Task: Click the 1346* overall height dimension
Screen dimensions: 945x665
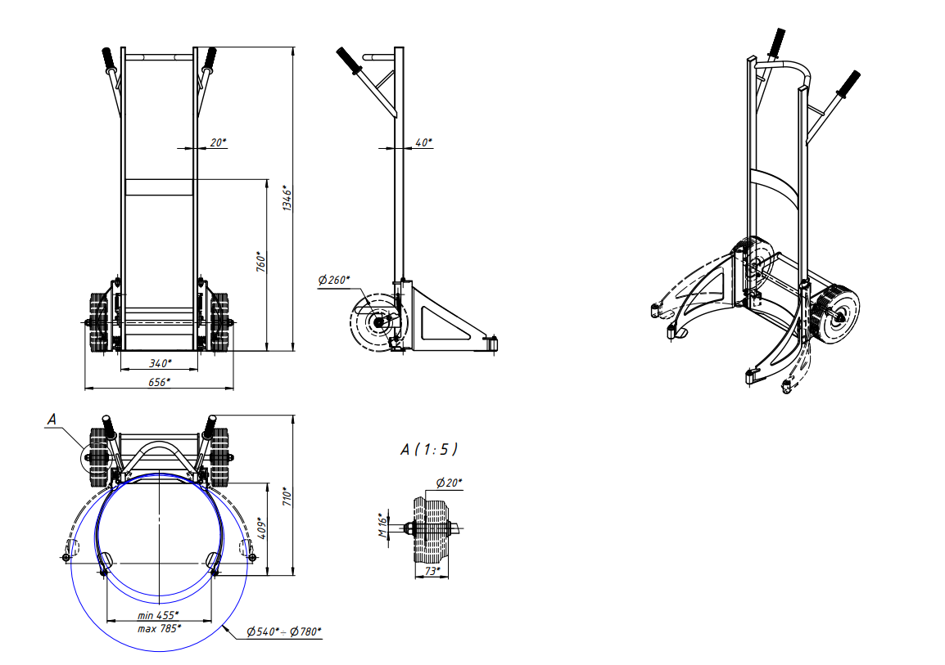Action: point(287,198)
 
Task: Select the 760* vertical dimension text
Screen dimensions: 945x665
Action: point(261,262)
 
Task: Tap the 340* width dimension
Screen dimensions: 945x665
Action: point(161,363)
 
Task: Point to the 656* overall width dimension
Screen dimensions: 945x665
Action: point(159,382)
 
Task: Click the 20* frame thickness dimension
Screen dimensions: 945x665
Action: point(218,142)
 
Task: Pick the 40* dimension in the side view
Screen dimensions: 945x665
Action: point(423,142)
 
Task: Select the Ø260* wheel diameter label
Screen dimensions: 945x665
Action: point(334,280)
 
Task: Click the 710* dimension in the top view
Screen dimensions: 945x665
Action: point(287,496)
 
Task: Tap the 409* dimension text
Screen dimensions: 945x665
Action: point(261,528)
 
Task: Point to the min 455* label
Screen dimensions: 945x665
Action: point(158,615)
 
